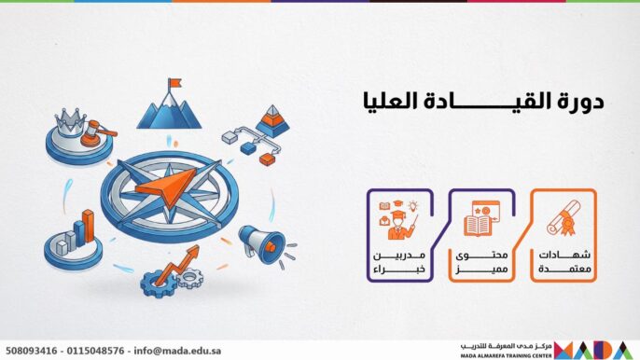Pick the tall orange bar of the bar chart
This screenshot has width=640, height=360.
tap(88, 227)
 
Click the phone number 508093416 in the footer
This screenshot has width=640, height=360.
tap(32, 352)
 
